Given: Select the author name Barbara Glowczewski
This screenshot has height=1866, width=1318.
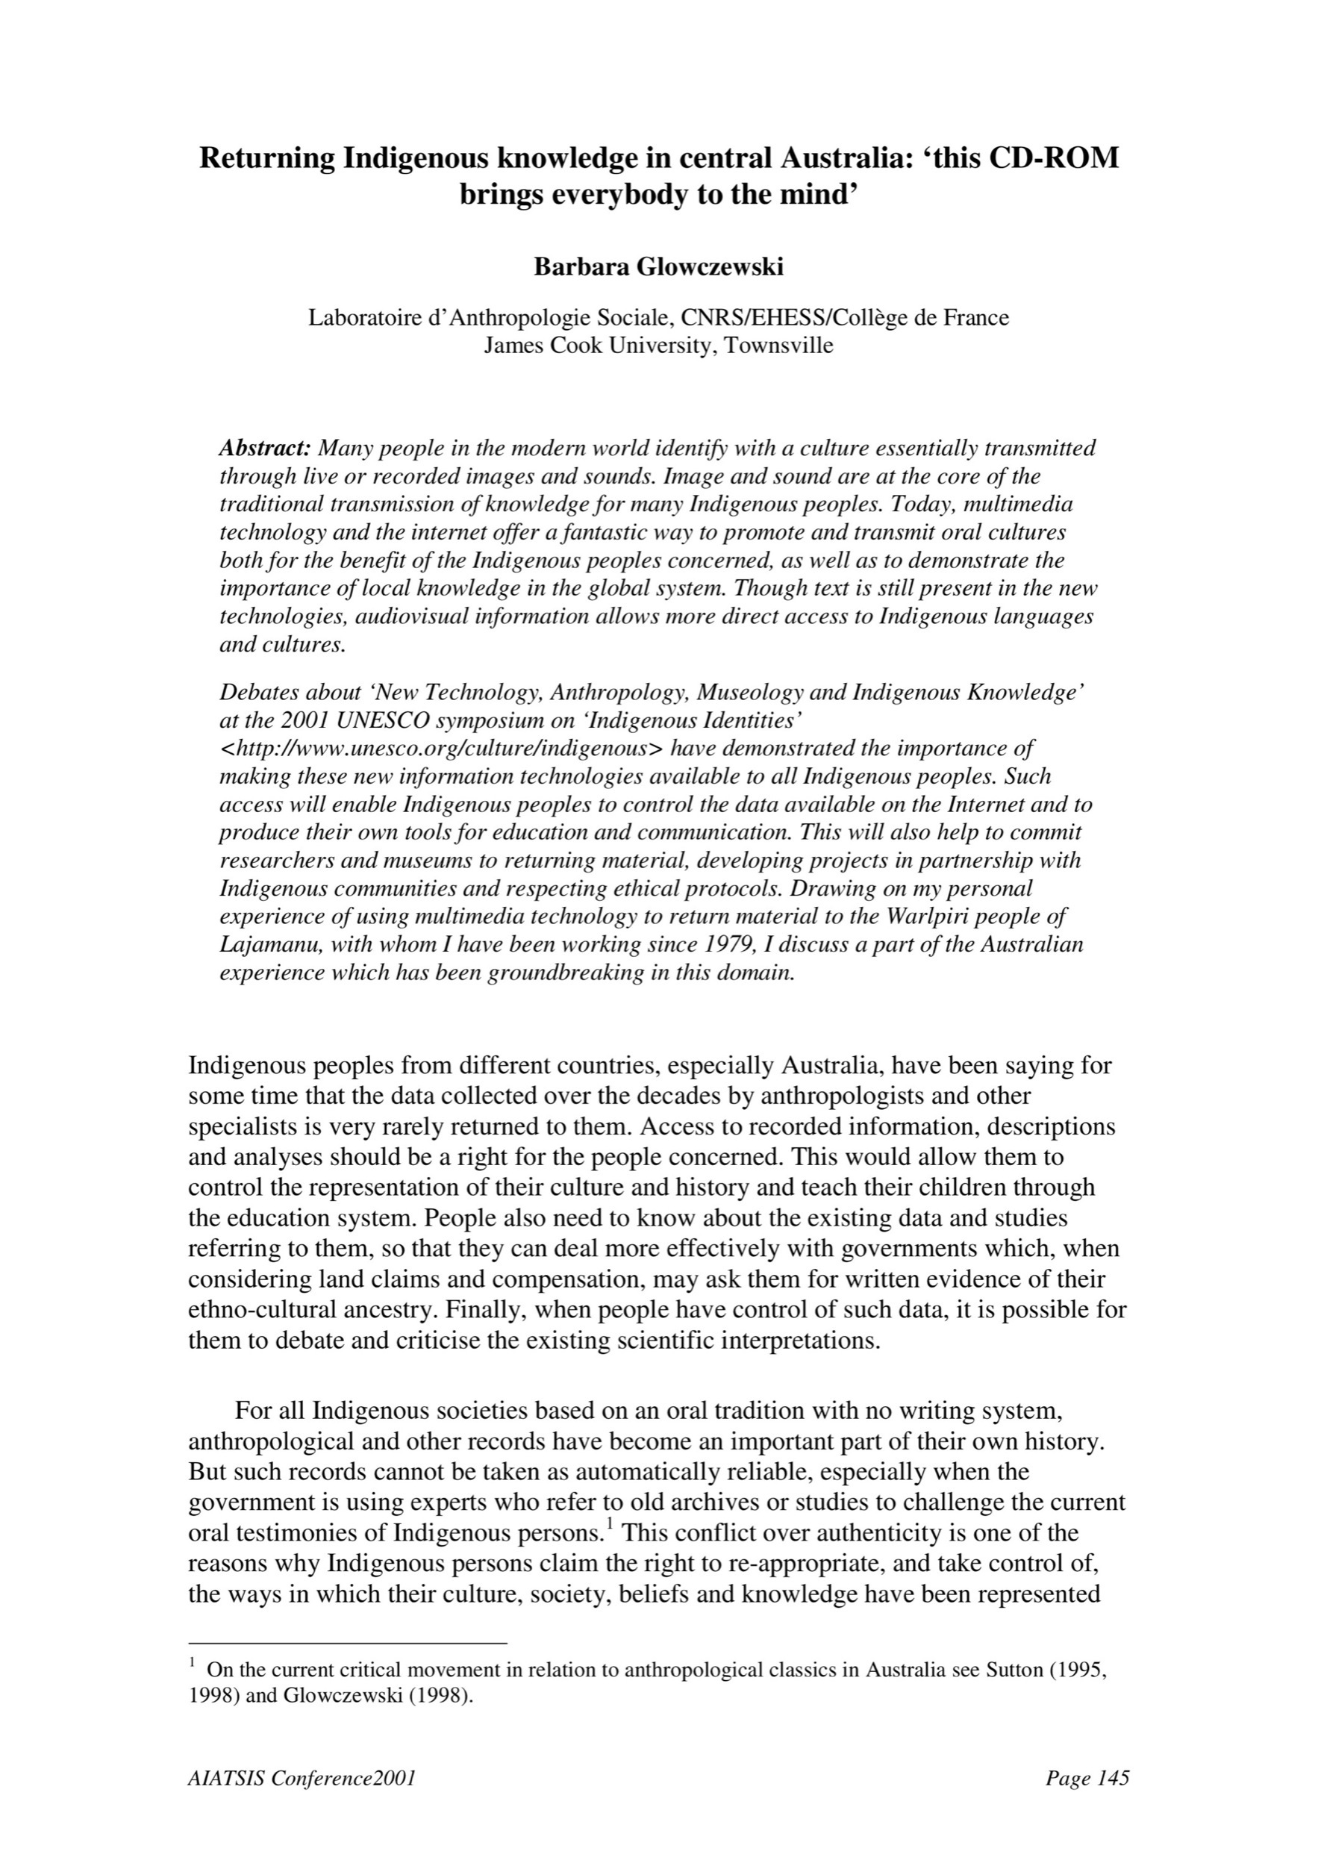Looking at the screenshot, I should [658, 267].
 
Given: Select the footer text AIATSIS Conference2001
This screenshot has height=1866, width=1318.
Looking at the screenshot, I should [302, 1779].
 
